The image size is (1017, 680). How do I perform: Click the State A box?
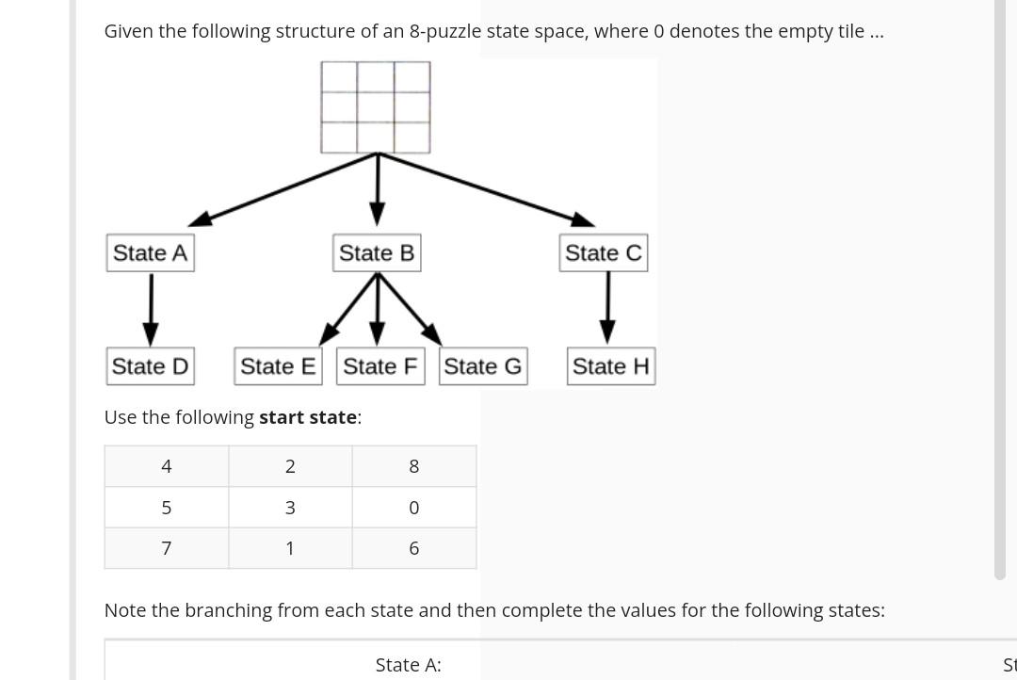tap(151, 253)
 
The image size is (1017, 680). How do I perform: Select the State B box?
tap(377, 253)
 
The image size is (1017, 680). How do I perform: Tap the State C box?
tap(604, 253)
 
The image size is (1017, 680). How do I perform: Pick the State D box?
tap(151, 366)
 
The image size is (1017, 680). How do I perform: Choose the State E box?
tap(278, 366)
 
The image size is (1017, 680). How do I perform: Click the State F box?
tap(379, 366)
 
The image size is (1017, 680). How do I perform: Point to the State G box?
tap(483, 366)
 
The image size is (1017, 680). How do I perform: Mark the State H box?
tap(611, 366)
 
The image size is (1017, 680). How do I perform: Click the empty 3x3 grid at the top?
tap(376, 107)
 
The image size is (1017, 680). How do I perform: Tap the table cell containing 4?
tap(167, 466)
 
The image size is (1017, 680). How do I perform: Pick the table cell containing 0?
tap(414, 508)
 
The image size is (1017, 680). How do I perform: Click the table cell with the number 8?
tap(414, 466)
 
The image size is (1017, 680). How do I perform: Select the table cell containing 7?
tap(167, 548)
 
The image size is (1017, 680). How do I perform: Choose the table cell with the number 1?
tap(290, 548)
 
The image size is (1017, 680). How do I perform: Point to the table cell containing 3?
tap(290, 508)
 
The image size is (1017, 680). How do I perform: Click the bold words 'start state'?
tap(307, 417)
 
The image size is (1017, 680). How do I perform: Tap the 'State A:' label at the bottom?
tap(408, 665)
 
